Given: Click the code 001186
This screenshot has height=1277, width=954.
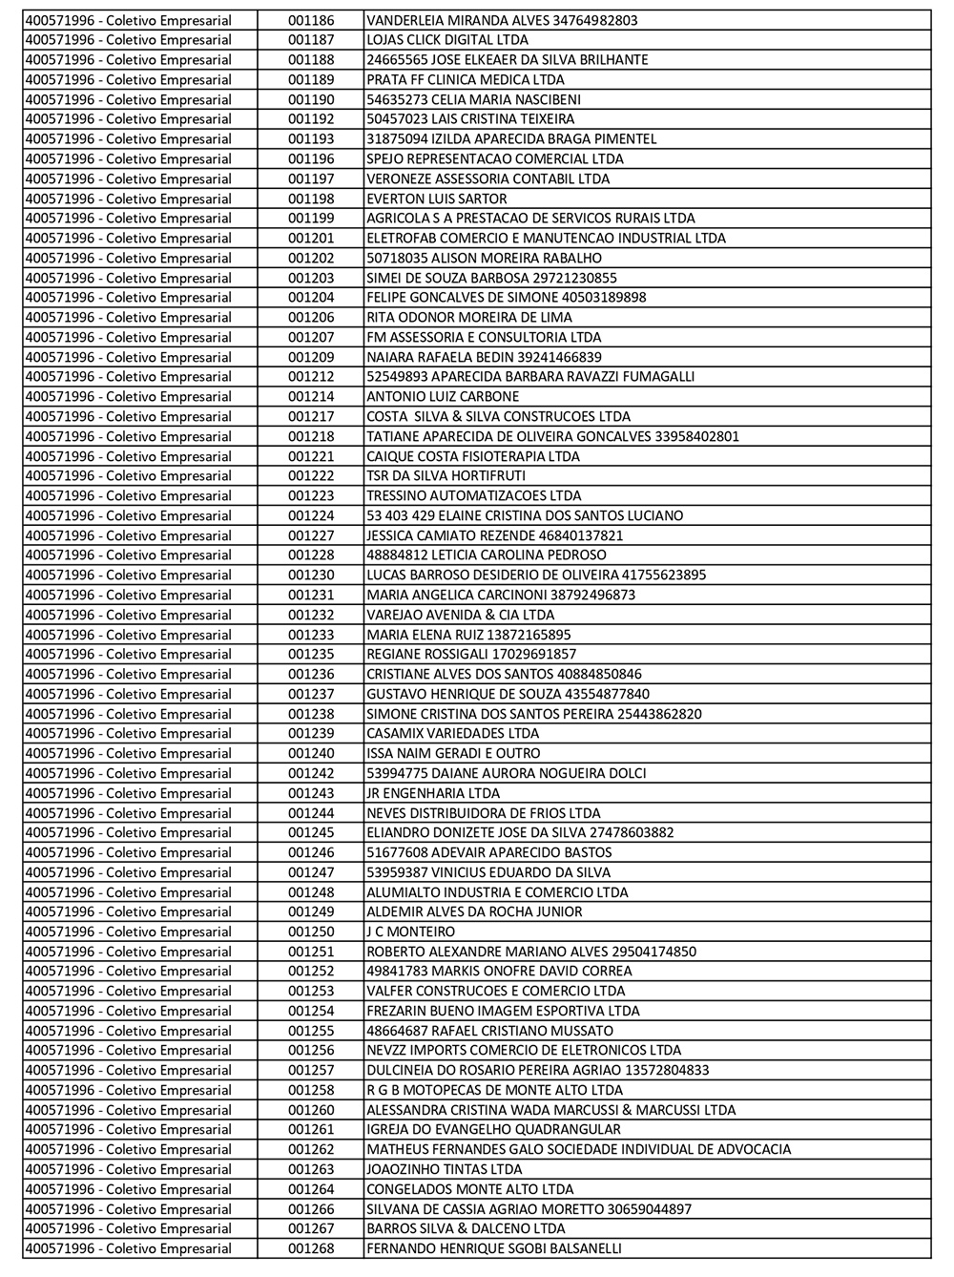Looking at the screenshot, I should tap(311, 20).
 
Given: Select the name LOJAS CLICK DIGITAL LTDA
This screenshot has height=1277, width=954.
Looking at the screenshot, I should tap(446, 40).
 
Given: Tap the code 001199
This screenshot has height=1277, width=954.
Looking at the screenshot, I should tap(311, 219).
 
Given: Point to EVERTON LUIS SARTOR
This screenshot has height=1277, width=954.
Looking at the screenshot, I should tap(436, 199).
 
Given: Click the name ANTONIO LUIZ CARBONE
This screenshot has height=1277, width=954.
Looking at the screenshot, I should tap(443, 396).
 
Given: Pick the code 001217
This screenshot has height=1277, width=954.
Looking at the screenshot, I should tap(311, 416).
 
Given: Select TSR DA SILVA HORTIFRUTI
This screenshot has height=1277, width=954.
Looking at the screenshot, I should tap(446, 475).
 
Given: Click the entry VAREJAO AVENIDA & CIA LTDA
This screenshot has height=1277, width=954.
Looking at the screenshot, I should tap(460, 615).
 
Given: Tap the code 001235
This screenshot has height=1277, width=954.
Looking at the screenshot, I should tap(311, 654).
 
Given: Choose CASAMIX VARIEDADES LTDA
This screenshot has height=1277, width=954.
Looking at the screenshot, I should tap(452, 733).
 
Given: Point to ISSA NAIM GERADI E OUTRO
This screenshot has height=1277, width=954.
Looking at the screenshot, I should tap(453, 753).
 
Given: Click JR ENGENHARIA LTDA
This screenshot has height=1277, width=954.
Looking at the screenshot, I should tap(432, 793).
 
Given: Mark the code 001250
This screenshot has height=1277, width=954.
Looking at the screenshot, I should tap(311, 932).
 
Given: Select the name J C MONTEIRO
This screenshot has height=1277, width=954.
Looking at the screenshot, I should tap(410, 932).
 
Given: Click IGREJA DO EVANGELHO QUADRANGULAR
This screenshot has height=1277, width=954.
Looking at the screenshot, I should tap(493, 1129).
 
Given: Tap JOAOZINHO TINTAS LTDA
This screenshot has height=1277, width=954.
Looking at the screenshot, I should tap(444, 1169).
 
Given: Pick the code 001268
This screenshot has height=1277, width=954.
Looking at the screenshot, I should tap(311, 1248).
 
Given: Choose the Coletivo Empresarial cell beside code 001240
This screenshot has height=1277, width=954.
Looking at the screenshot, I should tap(128, 753).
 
